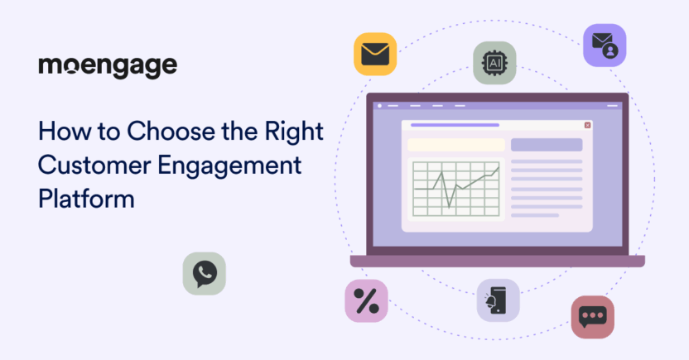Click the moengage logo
[108, 67]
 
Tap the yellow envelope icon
[375, 54]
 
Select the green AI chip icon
[494, 63]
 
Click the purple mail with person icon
[605, 46]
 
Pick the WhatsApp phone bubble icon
[205, 273]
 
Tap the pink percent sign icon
[367, 300]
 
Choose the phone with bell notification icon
[499, 300]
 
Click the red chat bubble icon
[593, 317]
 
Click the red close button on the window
[587, 125]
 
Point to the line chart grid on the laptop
[456, 189]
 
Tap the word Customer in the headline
[95, 166]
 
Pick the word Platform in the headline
[87, 199]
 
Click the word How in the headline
[65, 132]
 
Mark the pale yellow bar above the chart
[456, 145]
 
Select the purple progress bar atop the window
[455, 125]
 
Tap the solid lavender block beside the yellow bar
[547, 145]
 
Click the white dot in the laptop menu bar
[379, 106]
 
